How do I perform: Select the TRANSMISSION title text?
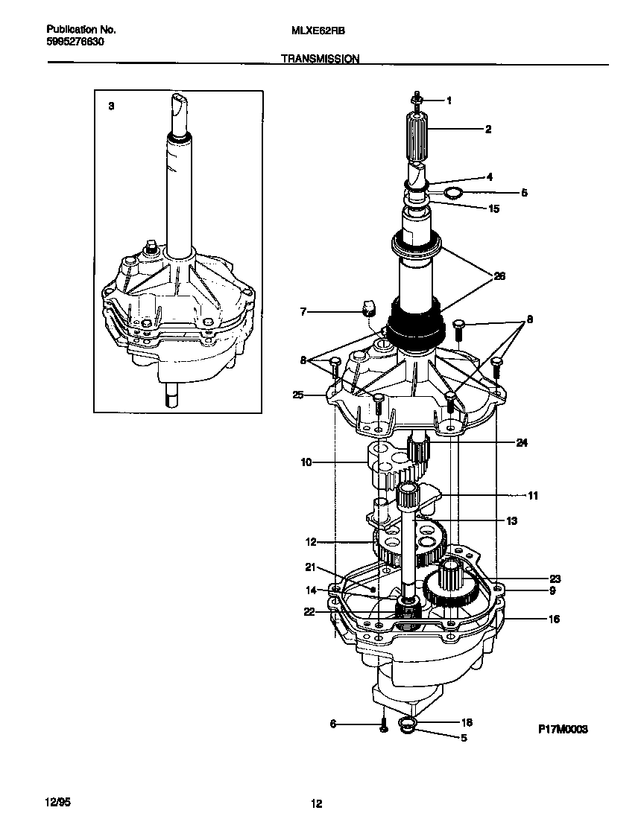coord(321,57)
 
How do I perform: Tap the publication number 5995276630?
coord(75,42)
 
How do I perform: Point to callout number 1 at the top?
coord(449,100)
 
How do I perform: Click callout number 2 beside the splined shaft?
coord(487,129)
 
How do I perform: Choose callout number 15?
coord(493,208)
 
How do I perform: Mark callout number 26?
coord(499,276)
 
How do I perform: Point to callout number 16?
coord(554,619)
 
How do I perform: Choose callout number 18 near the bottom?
coord(467,722)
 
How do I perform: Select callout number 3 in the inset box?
coord(111,106)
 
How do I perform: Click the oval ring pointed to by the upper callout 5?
coord(452,194)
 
